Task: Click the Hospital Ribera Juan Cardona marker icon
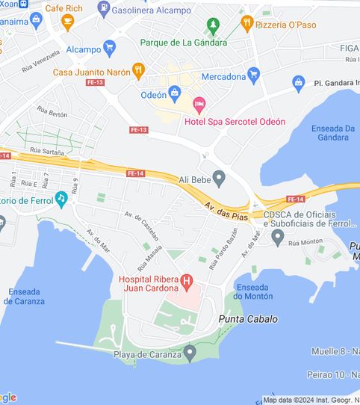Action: pos(187,283)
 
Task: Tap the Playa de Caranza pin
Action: pos(190,351)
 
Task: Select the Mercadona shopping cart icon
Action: pos(253,74)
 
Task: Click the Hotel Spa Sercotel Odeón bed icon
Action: pos(198,103)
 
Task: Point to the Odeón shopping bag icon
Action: pos(175,93)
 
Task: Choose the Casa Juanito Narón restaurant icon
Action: pos(137,70)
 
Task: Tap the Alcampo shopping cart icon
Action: pos(110,47)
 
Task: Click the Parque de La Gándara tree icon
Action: pos(213,26)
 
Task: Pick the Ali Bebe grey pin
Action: pos(219,178)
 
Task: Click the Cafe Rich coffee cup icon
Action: pos(68,22)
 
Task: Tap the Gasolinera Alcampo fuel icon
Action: pos(102,10)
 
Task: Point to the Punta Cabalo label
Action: pos(248,319)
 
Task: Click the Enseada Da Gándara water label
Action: pos(333,133)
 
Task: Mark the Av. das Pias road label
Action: pos(229,209)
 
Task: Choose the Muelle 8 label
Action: pos(334,350)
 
